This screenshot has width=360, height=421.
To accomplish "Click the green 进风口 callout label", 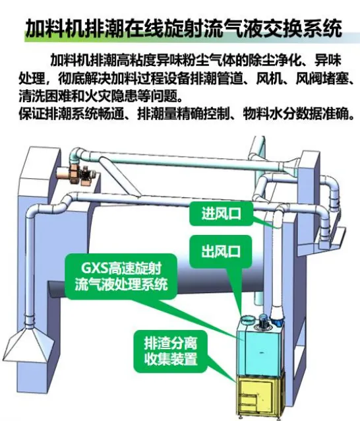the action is [x=222, y=214].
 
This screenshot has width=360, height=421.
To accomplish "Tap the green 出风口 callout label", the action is [x=221, y=251].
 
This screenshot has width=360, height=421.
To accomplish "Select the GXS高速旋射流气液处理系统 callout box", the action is [x=121, y=276].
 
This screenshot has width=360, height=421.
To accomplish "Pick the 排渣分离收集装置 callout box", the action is [x=171, y=352].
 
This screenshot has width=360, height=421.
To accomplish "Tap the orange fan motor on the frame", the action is [x=78, y=174].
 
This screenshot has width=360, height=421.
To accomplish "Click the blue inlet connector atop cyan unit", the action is [x=277, y=320].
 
